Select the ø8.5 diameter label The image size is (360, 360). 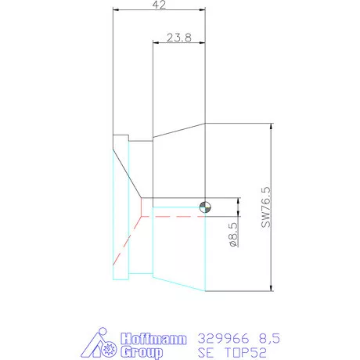(232, 234)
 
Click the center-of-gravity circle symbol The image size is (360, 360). (205, 207)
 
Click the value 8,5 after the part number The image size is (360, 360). (268, 338)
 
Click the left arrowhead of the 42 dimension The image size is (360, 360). (116, 11)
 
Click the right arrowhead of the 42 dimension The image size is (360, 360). (202, 11)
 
